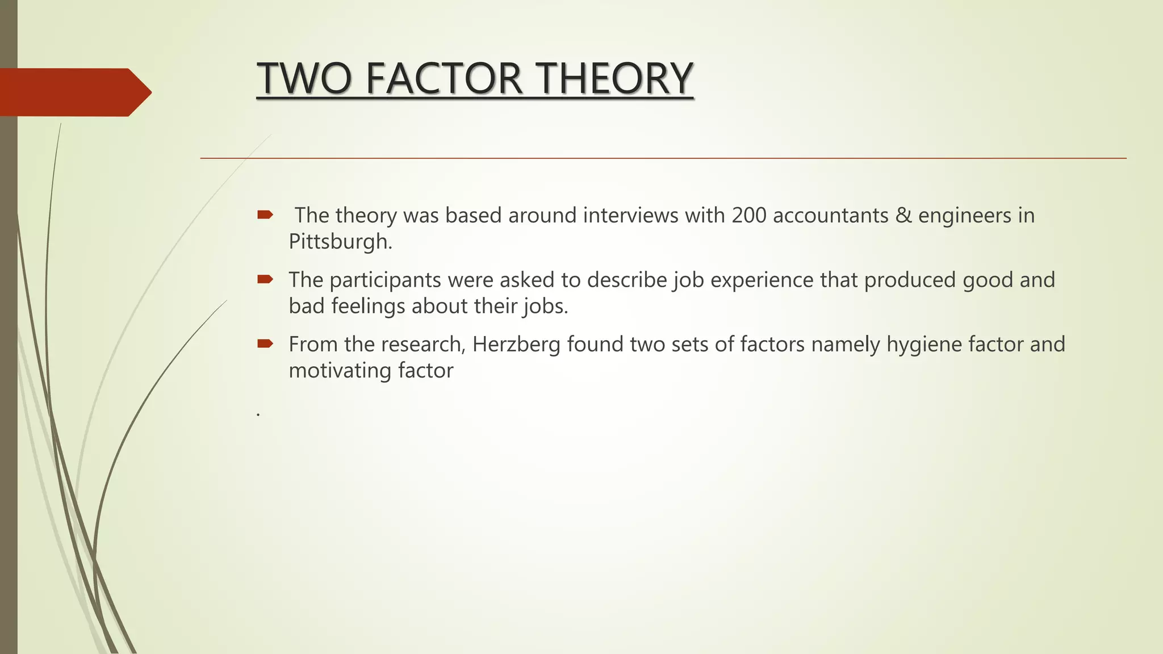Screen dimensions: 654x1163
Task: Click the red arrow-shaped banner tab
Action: tap(74, 92)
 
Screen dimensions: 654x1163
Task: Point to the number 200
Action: tap(748, 216)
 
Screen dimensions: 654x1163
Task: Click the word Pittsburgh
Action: tap(340, 242)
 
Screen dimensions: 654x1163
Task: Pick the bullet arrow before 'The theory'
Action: tap(265, 215)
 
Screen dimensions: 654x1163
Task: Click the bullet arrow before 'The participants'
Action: tap(265, 279)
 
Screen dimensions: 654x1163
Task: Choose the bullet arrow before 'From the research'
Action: tap(265, 343)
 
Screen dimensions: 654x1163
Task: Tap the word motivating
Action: tap(340, 371)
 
